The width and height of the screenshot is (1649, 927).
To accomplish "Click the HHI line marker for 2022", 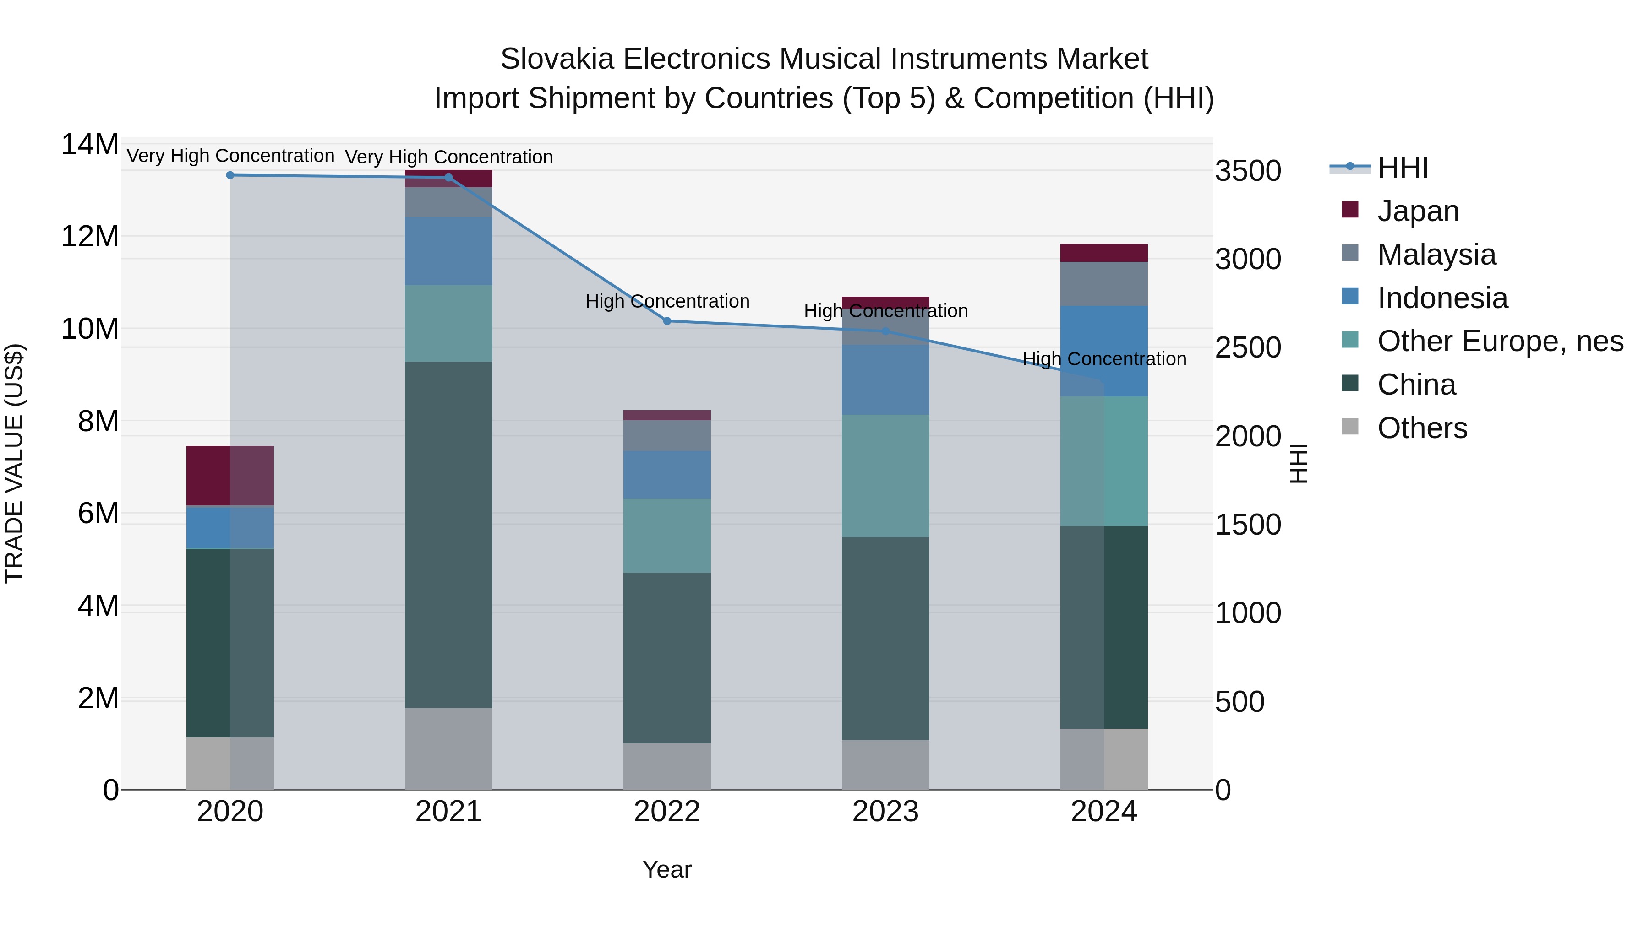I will click(x=667, y=321).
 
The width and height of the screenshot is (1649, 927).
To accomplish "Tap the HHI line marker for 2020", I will click(x=230, y=175).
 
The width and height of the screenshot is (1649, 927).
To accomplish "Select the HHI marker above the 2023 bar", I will click(x=885, y=331).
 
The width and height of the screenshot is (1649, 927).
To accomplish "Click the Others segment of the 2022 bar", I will click(x=667, y=766).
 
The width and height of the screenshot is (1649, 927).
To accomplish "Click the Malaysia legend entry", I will click(x=1436, y=255).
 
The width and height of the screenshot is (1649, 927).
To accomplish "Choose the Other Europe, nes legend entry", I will click(x=1500, y=341).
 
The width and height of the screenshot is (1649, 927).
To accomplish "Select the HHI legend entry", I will click(x=1402, y=168).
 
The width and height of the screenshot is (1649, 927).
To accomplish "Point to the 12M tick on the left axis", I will click(x=90, y=237).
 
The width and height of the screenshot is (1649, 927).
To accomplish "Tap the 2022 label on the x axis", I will click(x=667, y=812).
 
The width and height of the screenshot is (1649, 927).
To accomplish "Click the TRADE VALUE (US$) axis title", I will click(x=14, y=463).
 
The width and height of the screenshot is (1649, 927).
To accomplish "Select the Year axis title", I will click(x=667, y=869).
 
